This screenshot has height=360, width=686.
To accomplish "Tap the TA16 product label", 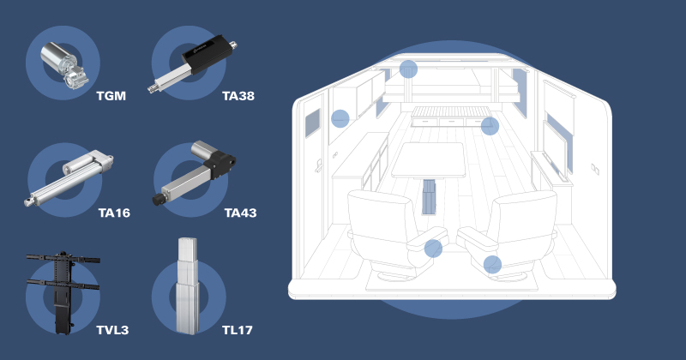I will pos(114,212).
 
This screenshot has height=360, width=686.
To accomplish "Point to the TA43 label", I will pos(240,212).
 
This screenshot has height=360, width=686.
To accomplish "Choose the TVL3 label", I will pos(113,328).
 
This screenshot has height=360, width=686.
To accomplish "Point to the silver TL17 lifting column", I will pos(188,286).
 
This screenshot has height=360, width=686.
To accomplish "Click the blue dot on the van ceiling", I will pos(408,69).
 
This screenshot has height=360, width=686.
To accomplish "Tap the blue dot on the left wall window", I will pos(340,118).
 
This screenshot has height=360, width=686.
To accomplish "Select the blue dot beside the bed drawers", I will pos(490,127).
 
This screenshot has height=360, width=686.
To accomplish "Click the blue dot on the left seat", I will pos(434,249).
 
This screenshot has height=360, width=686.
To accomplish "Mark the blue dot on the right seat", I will pos(492,264).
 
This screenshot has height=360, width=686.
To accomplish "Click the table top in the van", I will pos(429,159).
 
